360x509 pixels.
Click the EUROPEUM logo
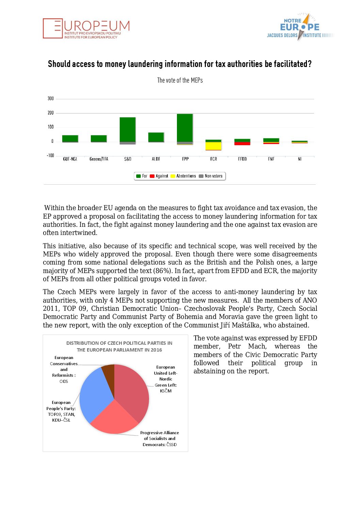(x=86, y=28)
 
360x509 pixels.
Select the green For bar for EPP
(x=185, y=128)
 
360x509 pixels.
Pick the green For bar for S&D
(x=128, y=129)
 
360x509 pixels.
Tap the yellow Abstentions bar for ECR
(x=213, y=146)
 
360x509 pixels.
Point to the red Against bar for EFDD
(x=242, y=143)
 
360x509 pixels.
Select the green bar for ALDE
(x=156, y=137)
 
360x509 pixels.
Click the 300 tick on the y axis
(x=50, y=99)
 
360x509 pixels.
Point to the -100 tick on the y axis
(x=50, y=155)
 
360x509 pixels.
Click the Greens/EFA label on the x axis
(x=99, y=159)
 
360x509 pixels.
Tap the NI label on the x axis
(x=299, y=159)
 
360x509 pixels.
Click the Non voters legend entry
(x=211, y=176)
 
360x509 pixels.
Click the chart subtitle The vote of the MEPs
(x=180, y=80)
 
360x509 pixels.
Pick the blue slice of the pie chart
(x=95, y=394)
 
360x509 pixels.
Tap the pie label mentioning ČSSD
(x=160, y=439)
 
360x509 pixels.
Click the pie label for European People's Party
(x=61, y=411)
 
